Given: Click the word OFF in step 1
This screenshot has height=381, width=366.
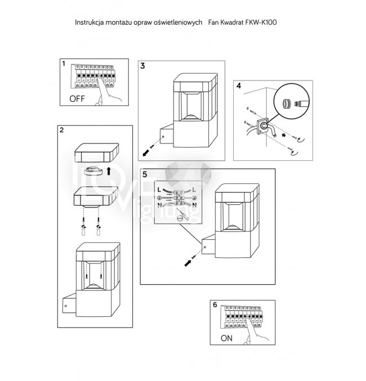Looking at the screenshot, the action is point(77,98).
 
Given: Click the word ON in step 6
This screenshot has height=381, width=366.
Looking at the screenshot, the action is point(226,338).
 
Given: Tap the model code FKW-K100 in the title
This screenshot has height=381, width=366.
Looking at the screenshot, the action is point(261,23).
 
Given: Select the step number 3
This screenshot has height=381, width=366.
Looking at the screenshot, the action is point(142,66).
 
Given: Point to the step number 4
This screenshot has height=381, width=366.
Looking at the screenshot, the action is point(239,86).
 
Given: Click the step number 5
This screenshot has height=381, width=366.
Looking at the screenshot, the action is point(145,174).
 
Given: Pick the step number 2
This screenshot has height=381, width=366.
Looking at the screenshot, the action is point(61,130).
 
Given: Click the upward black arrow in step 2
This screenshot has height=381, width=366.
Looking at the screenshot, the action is point(109,171).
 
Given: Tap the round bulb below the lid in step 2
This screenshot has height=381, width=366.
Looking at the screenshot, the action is point(92,171).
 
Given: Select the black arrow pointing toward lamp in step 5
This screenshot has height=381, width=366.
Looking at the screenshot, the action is point(188,263).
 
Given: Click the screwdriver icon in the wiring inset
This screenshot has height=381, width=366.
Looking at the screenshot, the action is point(182,214).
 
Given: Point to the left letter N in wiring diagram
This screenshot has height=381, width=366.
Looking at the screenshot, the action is point(159,205).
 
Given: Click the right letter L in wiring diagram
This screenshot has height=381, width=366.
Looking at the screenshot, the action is point(194,190).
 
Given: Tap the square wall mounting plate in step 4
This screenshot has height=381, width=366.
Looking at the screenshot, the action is point(262,126).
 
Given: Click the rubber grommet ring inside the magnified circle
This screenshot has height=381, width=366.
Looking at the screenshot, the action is point(285,104).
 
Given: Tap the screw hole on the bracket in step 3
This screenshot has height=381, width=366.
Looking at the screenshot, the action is point(163,137).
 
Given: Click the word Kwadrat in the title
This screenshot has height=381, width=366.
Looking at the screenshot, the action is point(232,23).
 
